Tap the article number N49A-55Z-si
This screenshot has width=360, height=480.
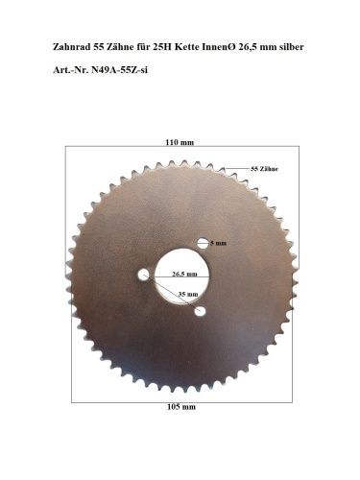coord(119,70)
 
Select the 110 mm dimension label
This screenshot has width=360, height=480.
coord(180,142)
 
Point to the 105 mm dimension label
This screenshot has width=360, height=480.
coord(181,407)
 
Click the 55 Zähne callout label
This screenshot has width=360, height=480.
coord(264,169)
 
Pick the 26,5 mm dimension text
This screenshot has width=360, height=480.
coord(184,274)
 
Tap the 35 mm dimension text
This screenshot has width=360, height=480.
coord(188,294)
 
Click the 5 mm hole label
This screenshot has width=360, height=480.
coord(218,243)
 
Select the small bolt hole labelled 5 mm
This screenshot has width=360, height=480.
coord(203,243)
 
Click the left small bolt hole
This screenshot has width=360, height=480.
coord(143,275)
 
